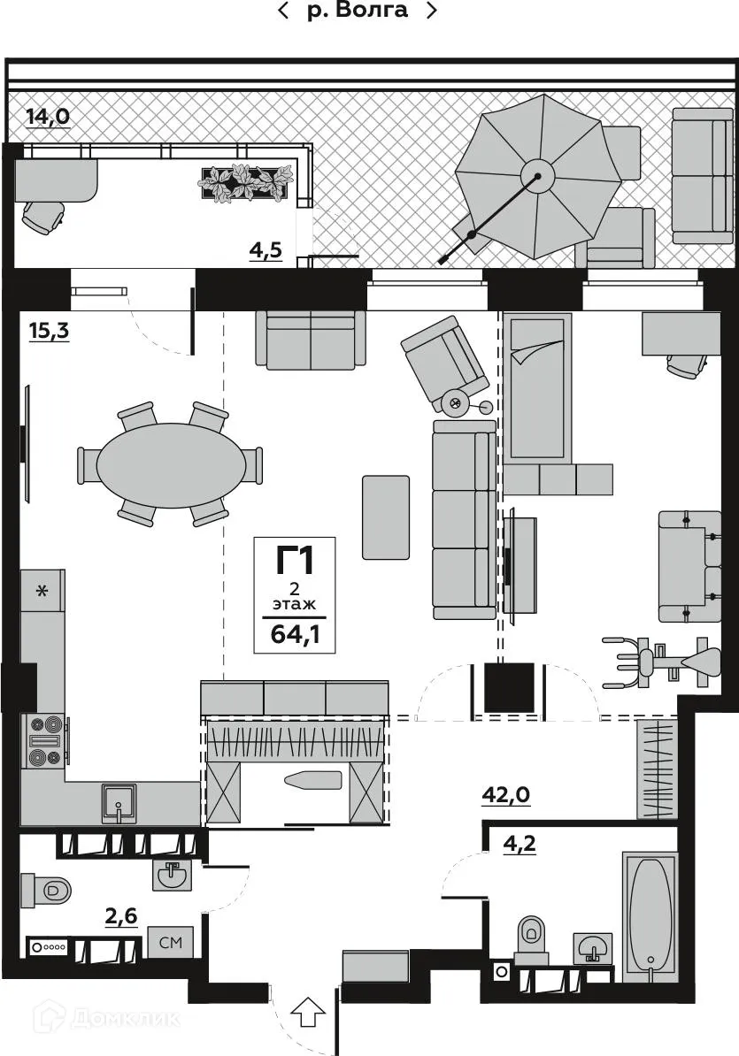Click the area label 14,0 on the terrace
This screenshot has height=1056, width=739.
pos(48,116)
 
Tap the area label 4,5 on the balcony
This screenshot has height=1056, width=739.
pos(265,250)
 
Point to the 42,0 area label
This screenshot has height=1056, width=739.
pos(505,794)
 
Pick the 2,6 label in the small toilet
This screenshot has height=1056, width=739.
pos(122,917)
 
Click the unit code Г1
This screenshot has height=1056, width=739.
pos(294,560)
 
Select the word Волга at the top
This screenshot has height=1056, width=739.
pos(372,11)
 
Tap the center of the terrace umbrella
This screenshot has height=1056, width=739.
pos(536,175)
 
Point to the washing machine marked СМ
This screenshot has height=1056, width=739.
pos(170,943)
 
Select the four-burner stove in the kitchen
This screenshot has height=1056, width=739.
pos(45,739)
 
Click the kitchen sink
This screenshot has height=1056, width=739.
pos(118,801)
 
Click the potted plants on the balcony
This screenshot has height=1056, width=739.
pos(244,181)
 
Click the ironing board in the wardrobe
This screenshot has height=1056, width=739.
pos(312,780)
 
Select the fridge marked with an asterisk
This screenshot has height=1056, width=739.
pos(42,591)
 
